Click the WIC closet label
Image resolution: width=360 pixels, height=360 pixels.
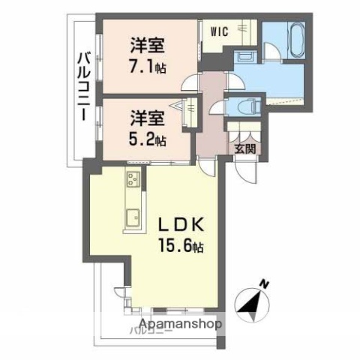(219, 31)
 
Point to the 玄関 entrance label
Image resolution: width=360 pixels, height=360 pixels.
(244, 148)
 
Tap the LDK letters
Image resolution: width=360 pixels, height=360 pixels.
(179, 224)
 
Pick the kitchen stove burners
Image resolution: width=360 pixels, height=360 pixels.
(133, 179)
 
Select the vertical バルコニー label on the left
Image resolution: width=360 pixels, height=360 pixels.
(82, 82)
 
